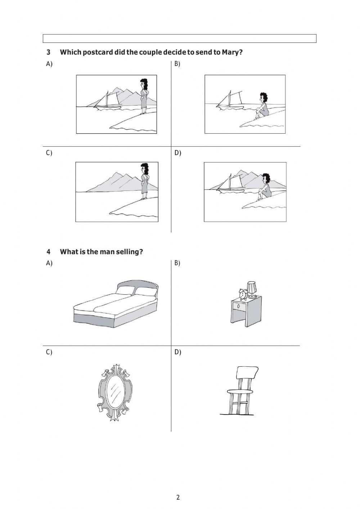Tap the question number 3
48,52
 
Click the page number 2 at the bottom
178,497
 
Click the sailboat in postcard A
107,101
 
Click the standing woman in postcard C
144,180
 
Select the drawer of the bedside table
239,306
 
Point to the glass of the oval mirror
115,392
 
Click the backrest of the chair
247,372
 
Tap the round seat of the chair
239,391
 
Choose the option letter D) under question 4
178,352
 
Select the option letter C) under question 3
49,153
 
